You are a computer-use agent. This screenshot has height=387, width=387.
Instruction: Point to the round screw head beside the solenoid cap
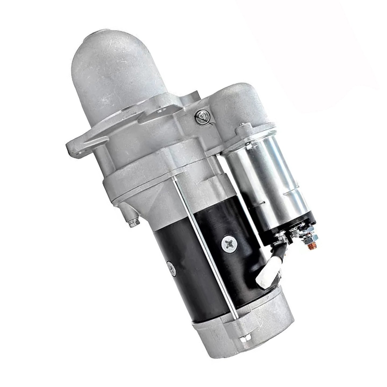[x=200, y=115]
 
